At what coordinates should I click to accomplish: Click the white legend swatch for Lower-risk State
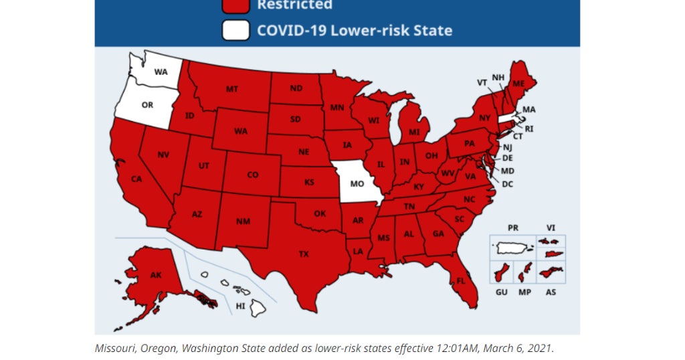(235, 31)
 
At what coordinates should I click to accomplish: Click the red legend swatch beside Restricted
(235, 5)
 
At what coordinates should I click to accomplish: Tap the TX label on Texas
(304, 254)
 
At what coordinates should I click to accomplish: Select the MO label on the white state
(358, 182)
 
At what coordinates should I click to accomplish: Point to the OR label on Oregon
(147, 105)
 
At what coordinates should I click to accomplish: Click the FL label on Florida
(461, 281)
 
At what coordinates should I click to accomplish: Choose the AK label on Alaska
(156, 275)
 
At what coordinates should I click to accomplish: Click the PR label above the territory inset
(512, 228)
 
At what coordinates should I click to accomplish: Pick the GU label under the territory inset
(500, 292)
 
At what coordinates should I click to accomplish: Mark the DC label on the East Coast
(507, 183)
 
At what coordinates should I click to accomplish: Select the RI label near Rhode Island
(528, 128)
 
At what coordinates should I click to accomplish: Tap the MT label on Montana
(232, 88)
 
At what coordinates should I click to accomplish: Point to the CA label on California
(136, 179)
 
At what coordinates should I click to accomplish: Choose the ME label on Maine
(518, 84)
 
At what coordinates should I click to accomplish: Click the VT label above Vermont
(482, 82)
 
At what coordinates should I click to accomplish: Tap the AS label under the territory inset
(550, 292)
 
